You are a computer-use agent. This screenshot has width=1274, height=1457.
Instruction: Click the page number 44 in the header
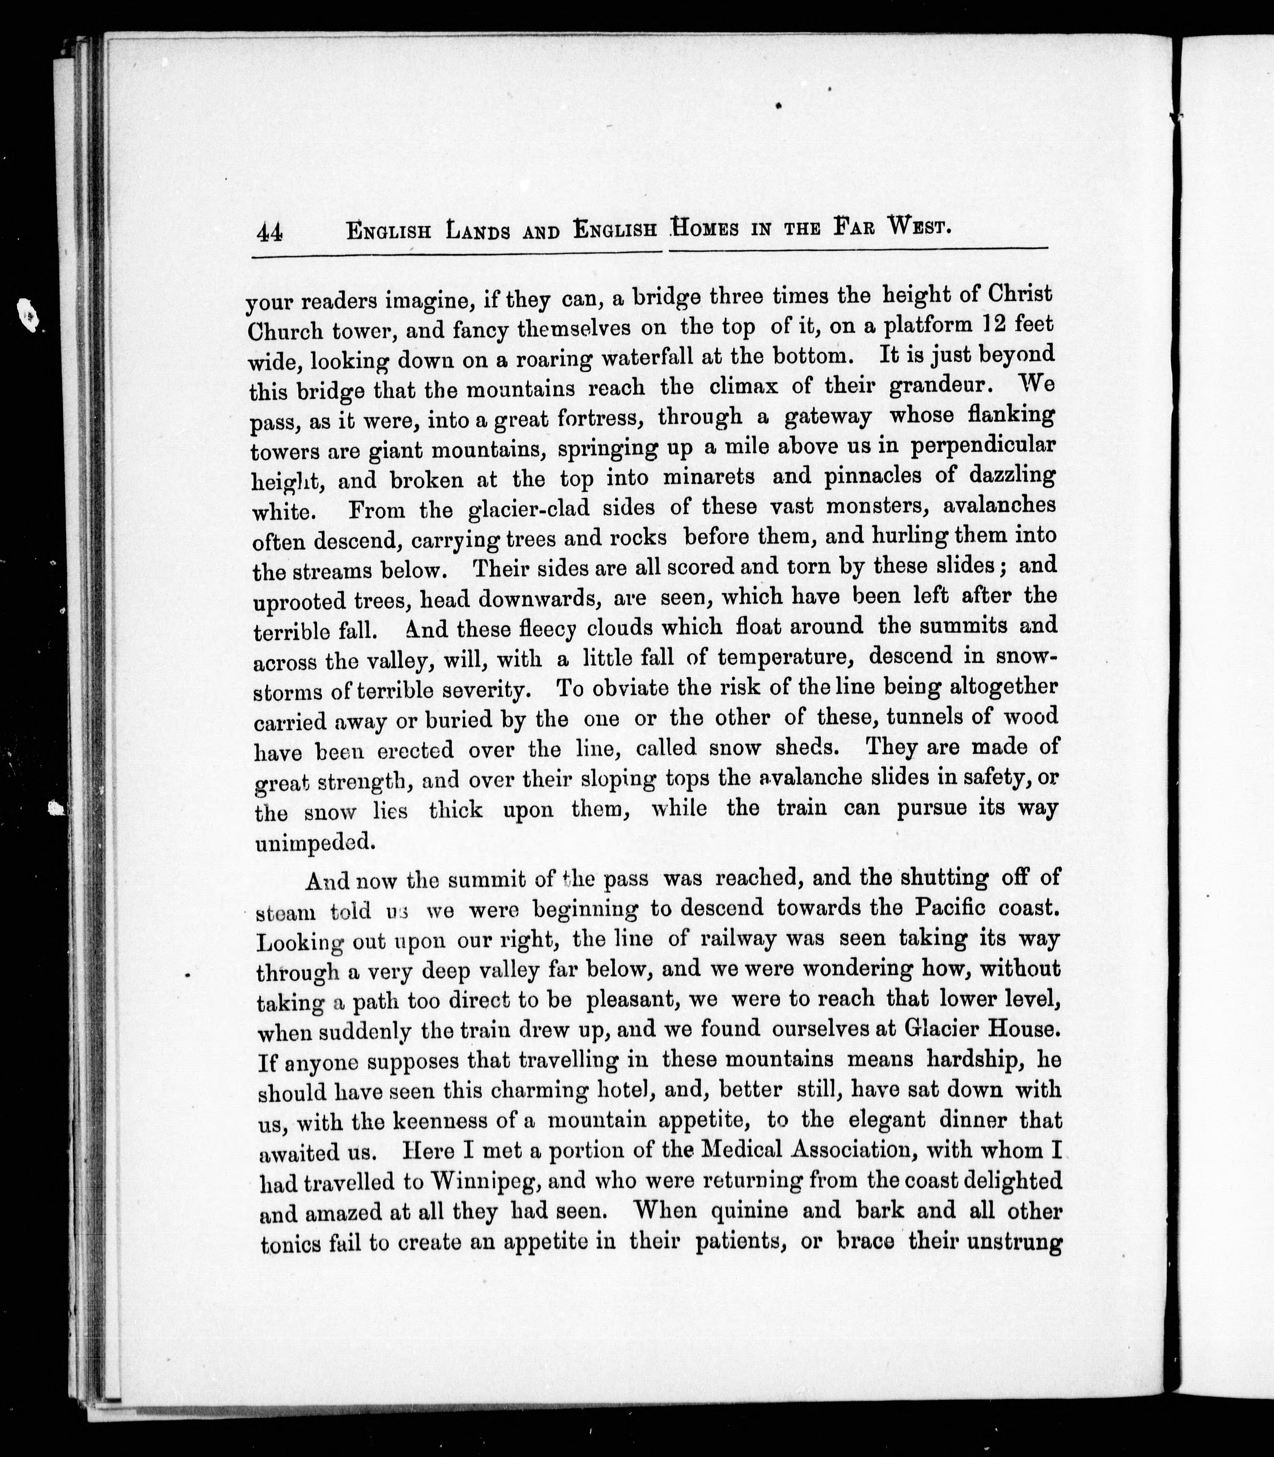point(270,233)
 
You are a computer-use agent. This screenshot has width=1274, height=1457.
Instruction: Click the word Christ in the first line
point(1019,294)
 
